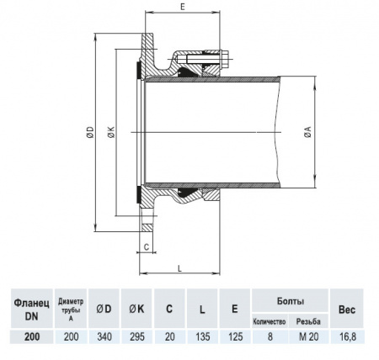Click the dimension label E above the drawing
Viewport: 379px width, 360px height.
point(184,7)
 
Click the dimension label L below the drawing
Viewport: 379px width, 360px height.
point(181,267)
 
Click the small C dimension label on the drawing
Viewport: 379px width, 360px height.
point(146,247)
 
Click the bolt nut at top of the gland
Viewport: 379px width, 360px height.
point(225,60)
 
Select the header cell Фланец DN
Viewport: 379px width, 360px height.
point(30,308)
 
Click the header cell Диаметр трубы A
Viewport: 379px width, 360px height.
point(70,308)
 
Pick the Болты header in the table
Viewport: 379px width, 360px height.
point(290,300)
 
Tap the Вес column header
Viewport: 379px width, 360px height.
point(347,308)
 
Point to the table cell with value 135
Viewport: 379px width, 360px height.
point(201,336)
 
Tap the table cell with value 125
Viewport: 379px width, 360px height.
point(233,336)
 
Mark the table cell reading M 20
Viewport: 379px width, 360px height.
point(309,336)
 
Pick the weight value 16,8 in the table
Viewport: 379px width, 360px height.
point(347,336)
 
